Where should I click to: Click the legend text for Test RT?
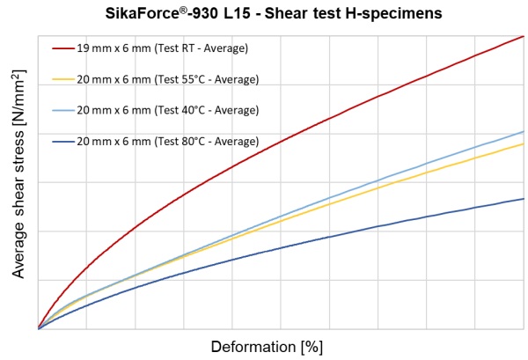click(163, 48)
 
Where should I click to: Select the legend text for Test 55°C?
click(167, 79)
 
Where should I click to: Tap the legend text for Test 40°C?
click(167, 110)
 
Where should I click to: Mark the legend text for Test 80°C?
click(167, 141)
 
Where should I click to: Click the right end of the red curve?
click(524, 36)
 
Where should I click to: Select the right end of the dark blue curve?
click(524, 199)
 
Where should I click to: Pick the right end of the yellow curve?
click(524, 143)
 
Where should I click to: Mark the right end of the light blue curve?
click(524, 131)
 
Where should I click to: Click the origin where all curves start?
click(40, 328)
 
